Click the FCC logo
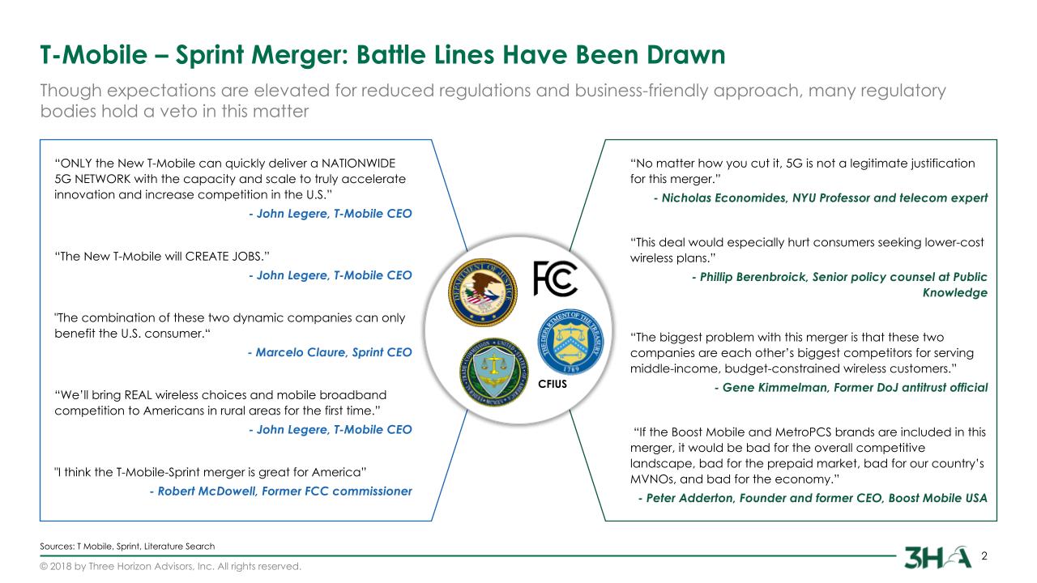(x=555, y=278)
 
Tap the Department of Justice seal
(x=483, y=292)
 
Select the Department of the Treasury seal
(x=570, y=342)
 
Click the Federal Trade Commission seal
(x=494, y=372)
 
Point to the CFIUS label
(x=553, y=384)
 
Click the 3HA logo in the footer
(x=937, y=557)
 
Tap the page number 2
(x=984, y=555)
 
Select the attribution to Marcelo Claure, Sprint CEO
(x=330, y=352)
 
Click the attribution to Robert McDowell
(x=280, y=492)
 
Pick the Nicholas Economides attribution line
(x=821, y=198)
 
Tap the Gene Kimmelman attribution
(x=851, y=388)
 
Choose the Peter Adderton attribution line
(x=813, y=498)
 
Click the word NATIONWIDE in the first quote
(x=358, y=164)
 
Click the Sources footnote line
(x=127, y=547)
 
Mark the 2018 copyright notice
(x=170, y=567)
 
